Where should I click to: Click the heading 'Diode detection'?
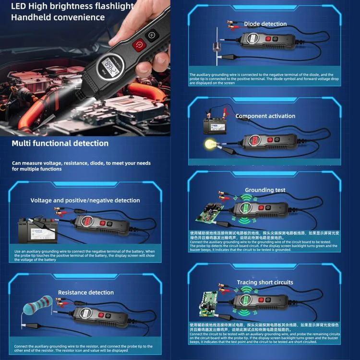pos(265,24)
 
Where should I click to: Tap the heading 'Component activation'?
pos(265,116)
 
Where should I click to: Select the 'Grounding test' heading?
pos(265,190)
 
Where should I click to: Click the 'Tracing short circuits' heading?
pos(265,282)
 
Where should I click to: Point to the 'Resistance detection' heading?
pos(86,292)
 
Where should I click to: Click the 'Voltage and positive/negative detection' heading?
pos(85,200)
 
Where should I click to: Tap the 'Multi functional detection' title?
pos(60,143)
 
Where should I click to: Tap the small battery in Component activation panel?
pos(211,126)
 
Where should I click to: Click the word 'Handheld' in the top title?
pos(30,17)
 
